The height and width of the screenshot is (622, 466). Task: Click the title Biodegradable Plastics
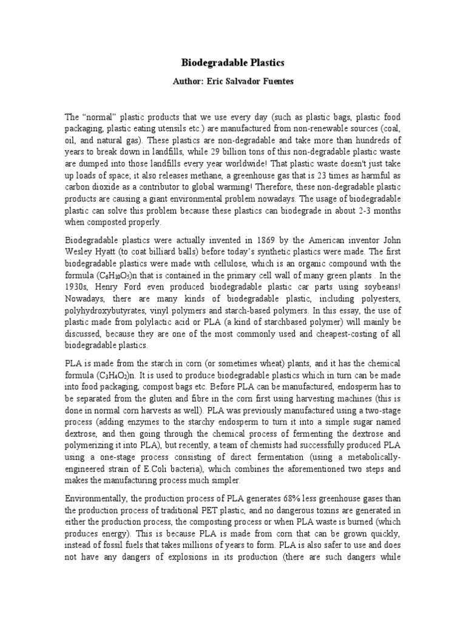234,63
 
